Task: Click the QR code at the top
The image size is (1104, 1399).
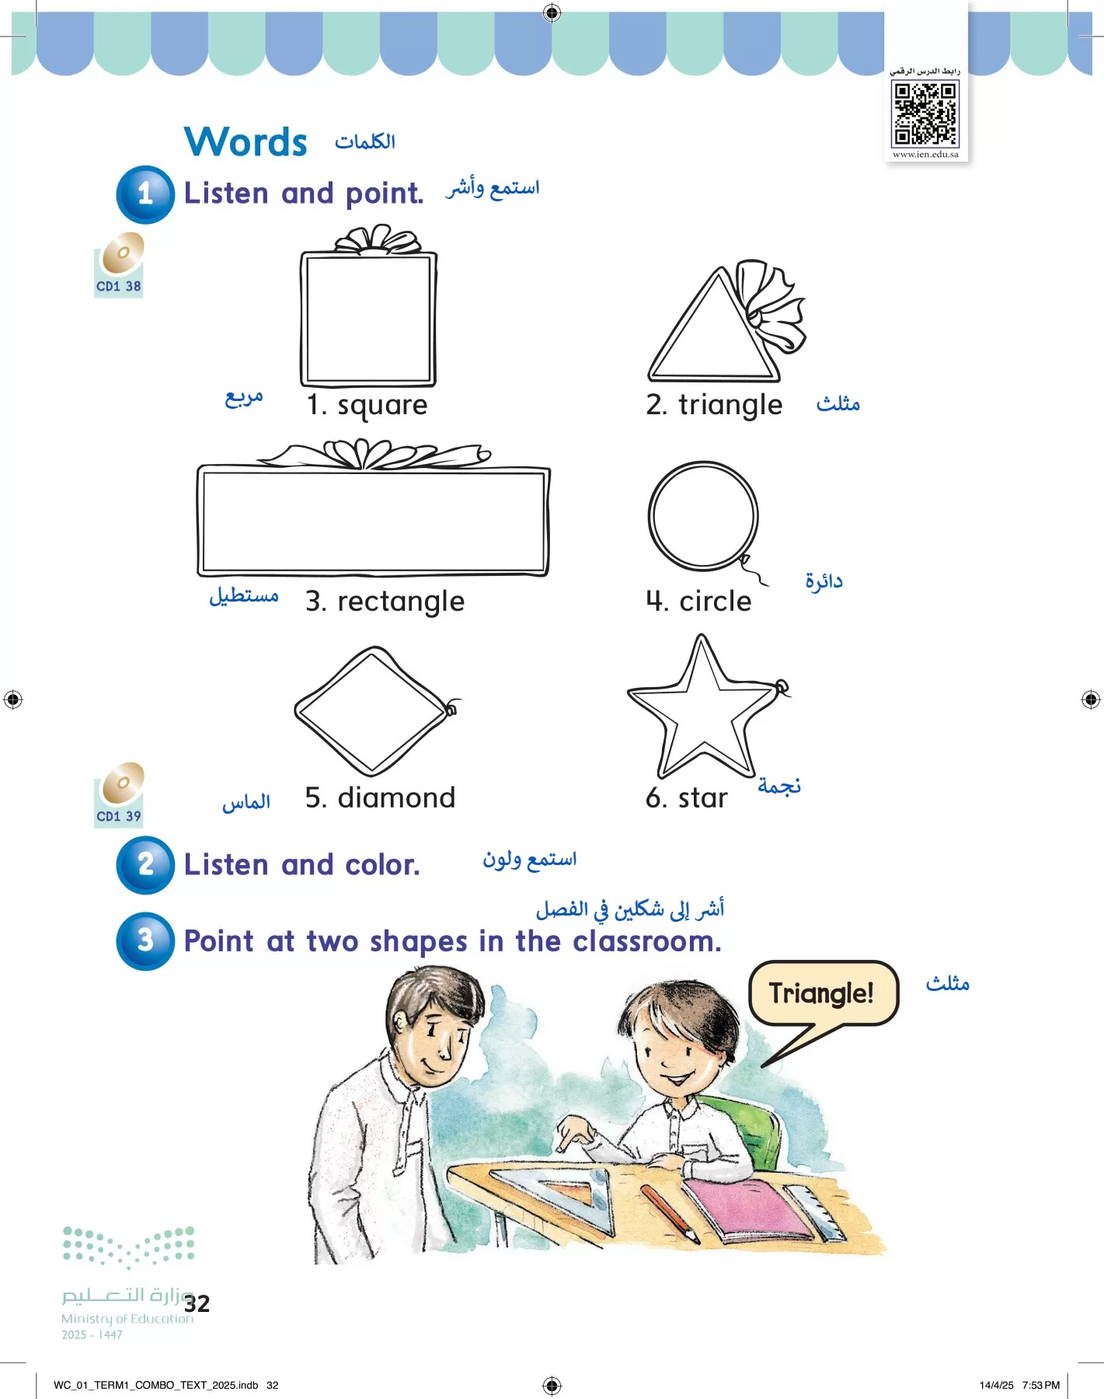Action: coord(925,113)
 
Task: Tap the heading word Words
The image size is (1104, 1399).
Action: coord(246,142)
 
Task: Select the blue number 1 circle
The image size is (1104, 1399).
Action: coord(145,194)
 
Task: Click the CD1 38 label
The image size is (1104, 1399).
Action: coord(118,286)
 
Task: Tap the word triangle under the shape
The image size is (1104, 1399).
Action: coord(730,406)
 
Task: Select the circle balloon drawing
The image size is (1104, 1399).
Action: coord(703,516)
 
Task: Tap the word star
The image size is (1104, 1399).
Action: coord(702,798)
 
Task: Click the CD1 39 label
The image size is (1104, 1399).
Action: coord(118,816)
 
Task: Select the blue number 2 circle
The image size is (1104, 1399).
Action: coord(145,864)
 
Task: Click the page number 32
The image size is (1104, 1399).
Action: coord(197,1303)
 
